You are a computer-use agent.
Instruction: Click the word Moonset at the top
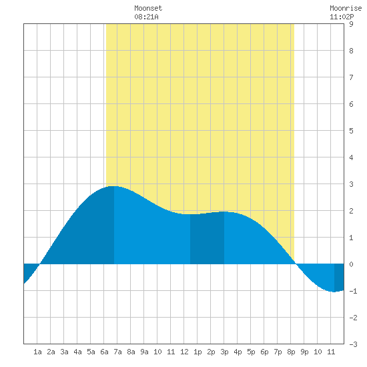click(148, 8)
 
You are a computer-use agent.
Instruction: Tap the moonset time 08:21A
click(146, 17)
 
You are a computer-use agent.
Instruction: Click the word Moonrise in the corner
click(346, 8)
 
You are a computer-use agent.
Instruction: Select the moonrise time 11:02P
click(342, 17)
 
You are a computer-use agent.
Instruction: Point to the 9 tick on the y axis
click(351, 24)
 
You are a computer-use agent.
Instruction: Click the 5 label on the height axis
click(351, 131)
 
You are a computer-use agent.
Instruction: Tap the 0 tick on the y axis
click(351, 264)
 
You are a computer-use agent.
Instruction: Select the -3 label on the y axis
click(353, 344)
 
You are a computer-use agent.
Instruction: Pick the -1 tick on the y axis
click(353, 291)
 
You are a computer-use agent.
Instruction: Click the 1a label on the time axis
click(37, 352)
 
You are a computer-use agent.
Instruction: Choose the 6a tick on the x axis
click(104, 352)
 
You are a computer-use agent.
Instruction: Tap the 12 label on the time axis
click(184, 352)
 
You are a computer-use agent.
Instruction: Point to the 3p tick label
click(224, 352)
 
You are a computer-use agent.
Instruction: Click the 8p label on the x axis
click(291, 352)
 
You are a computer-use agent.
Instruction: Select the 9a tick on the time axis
click(144, 352)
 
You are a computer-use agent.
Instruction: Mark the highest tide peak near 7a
click(114, 186)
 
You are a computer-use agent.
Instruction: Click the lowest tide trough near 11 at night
click(334, 292)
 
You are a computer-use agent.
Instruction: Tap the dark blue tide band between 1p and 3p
click(207, 238)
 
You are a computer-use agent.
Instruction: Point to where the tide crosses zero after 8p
click(296, 264)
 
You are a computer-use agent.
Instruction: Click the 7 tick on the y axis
click(351, 77)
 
